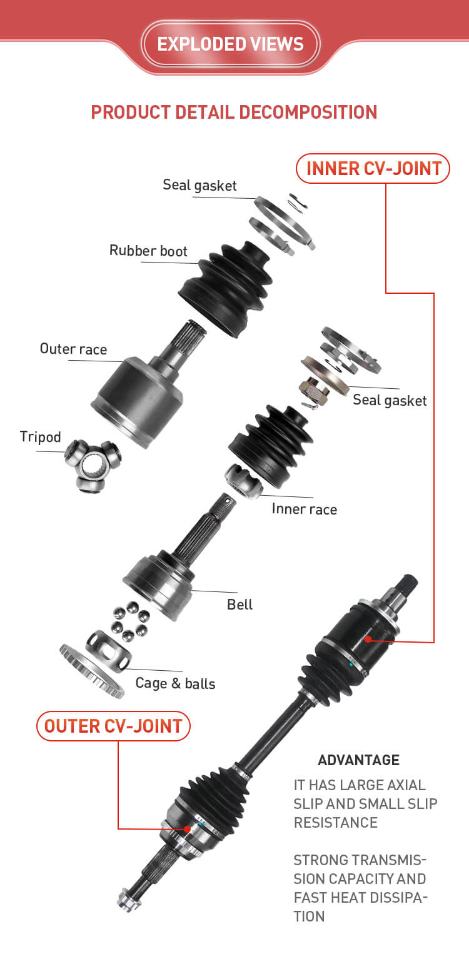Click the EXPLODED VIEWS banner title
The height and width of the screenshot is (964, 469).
(230, 44)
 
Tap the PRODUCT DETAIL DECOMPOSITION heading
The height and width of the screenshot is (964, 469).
(234, 113)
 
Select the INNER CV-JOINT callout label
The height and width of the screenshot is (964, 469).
(373, 168)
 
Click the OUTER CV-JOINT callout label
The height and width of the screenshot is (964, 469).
(113, 726)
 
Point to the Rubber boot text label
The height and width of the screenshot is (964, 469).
(148, 251)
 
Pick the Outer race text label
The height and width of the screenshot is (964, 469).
(73, 349)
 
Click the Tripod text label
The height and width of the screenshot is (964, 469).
(40, 437)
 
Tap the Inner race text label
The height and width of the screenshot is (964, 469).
(304, 509)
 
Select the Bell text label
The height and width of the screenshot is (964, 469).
(240, 605)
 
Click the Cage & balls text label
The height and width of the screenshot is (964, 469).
(175, 683)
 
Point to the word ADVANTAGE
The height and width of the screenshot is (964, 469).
(359, 760)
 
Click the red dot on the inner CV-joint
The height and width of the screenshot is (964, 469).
(368, 639)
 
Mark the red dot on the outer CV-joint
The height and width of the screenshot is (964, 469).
(187, 828)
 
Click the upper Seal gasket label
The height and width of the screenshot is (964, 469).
(200, 186)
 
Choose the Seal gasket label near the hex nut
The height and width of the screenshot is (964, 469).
(390, 400)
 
